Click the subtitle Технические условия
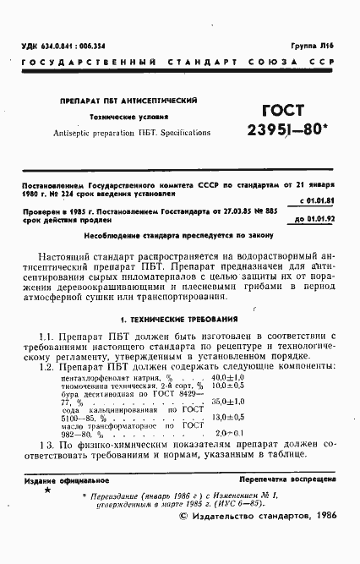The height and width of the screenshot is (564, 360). tap(128, 116)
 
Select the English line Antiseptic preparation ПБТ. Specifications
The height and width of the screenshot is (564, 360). tap(128, 133)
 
